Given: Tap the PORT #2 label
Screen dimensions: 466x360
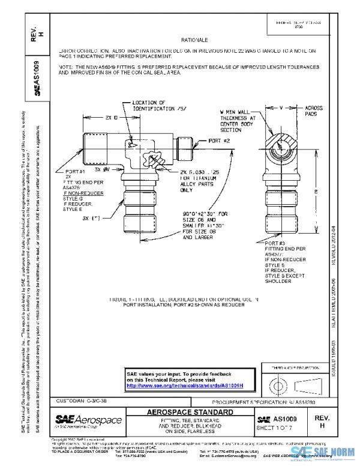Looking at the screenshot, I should coord(220,141).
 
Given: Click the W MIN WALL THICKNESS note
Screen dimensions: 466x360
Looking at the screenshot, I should coord(237,121).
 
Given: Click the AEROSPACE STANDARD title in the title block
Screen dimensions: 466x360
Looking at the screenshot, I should coord(190,413).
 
